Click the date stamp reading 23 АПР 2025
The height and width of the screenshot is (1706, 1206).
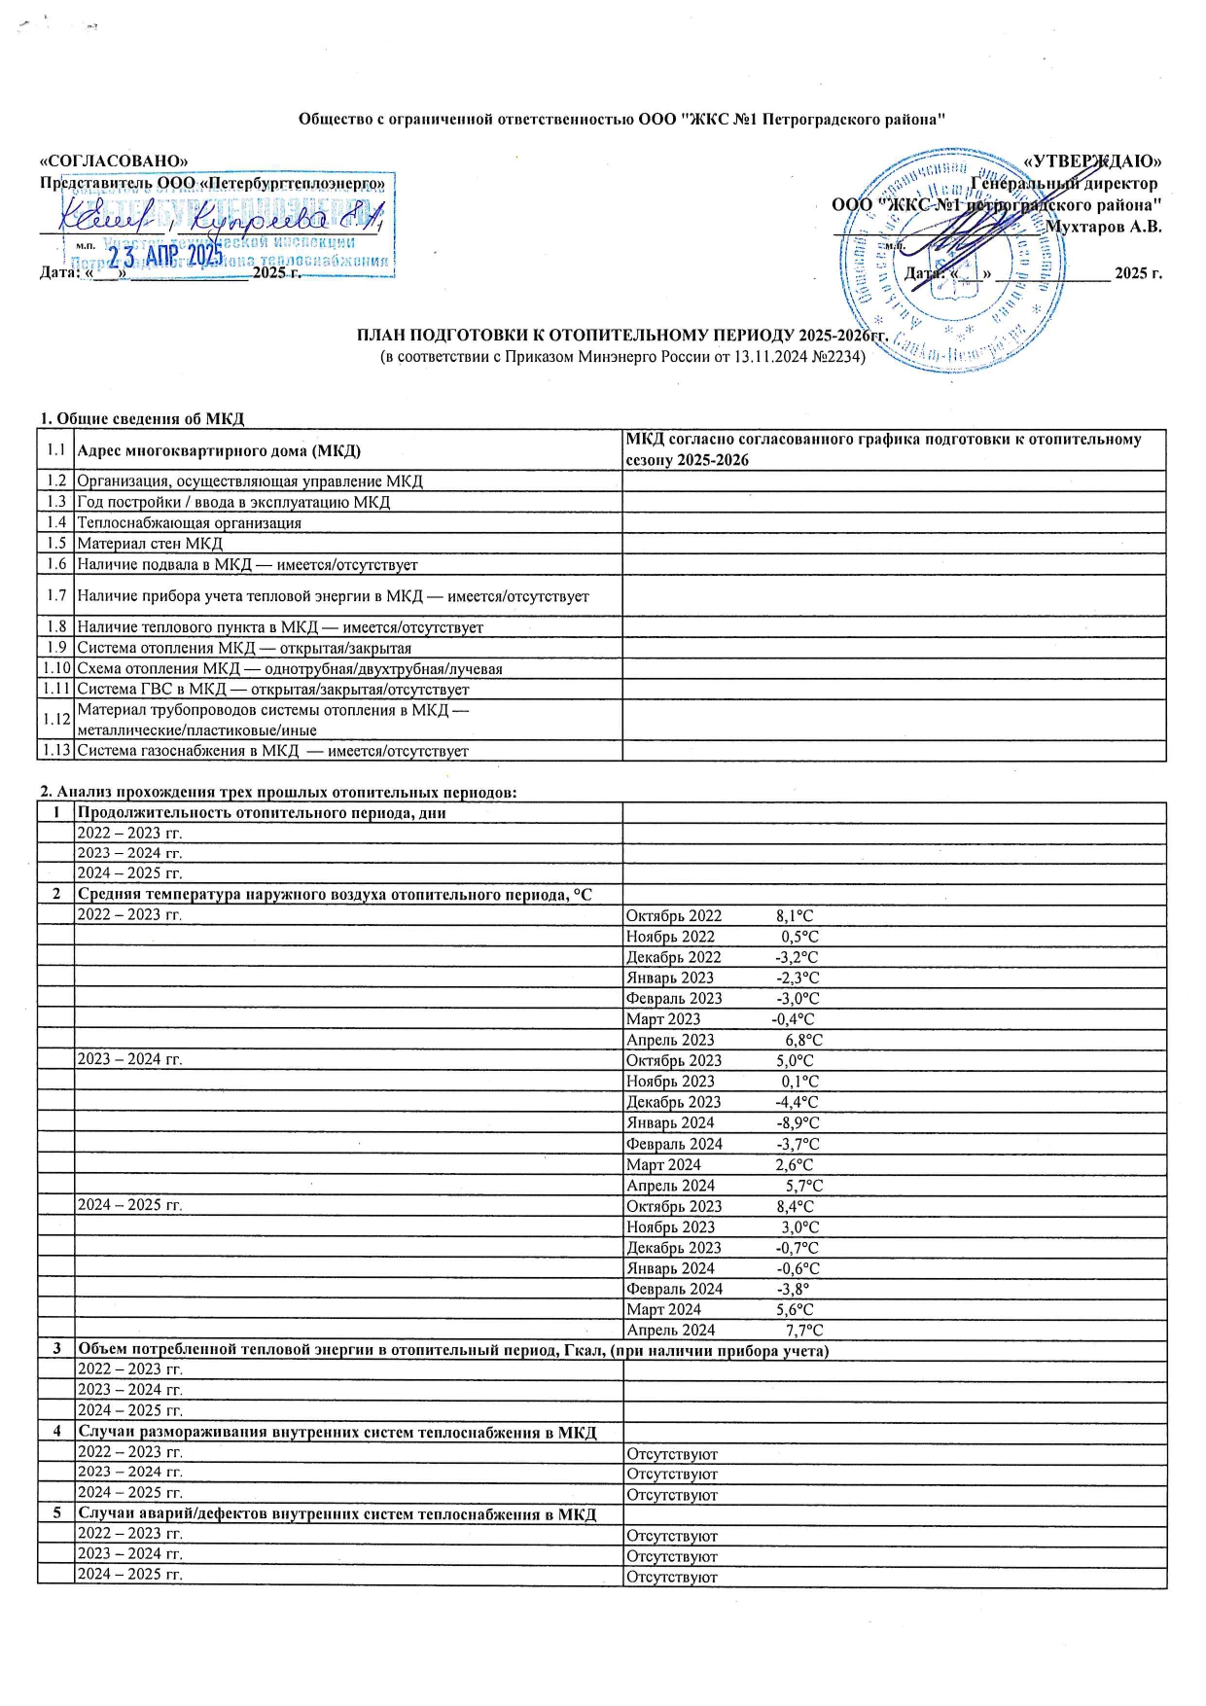(x=165, y=257)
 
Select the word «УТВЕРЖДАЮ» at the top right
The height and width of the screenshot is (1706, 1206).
(x=1093, y=160)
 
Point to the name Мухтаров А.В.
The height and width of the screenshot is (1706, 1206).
(x=1103, y=227)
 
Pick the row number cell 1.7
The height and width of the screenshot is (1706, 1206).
(x=56, y=595)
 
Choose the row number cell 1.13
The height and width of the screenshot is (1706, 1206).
(x=56, y=751)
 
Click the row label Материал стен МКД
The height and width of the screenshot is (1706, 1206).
(x=150, y=544)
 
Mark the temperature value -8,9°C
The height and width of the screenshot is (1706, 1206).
(x=798, y=1123)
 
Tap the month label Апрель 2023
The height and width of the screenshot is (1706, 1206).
(x=670, y=1040)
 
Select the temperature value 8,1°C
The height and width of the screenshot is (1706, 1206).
(x=795, y=916)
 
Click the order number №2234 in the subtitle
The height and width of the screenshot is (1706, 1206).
(x=837, y=356)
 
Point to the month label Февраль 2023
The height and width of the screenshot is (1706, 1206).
(x=674, y=999)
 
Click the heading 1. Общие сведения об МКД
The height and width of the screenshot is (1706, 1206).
(x=142, y=419)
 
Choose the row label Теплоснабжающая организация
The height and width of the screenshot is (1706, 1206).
(x=189, y=523)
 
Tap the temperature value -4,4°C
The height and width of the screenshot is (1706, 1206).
(x=797, y=1103)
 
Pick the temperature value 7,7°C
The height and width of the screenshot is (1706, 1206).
(x=804, y=1331)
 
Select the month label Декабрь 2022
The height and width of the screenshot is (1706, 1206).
(x=674, y=957)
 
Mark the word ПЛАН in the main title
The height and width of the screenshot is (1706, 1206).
(x=382, y=337)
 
